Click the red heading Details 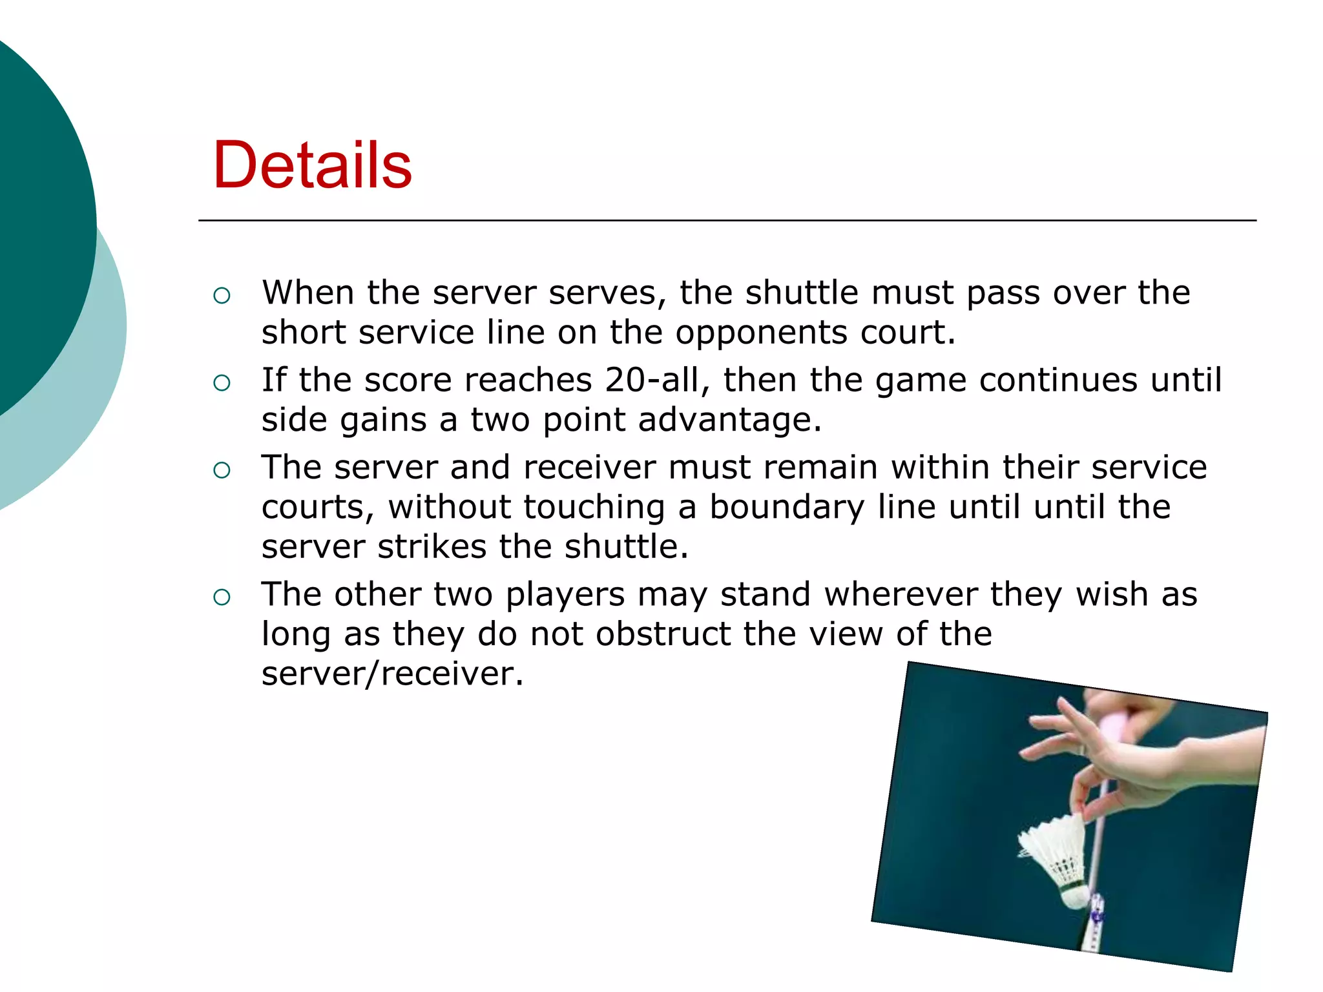click(x=312, y=165)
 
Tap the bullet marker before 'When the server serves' click(x=222, y=296)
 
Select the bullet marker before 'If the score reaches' click(x=222, y=383)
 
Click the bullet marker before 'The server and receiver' click(x=222, y=470)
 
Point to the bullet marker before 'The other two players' click(x=222, y=597)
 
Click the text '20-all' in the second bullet click(x=658, y=380)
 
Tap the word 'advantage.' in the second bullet click(x=729, y=420)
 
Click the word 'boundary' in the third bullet click(x=786, y=507)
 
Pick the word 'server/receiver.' click(x=392, y=674)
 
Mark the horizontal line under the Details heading click(x=727, y=221)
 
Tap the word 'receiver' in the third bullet click(x=589, y=468)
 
